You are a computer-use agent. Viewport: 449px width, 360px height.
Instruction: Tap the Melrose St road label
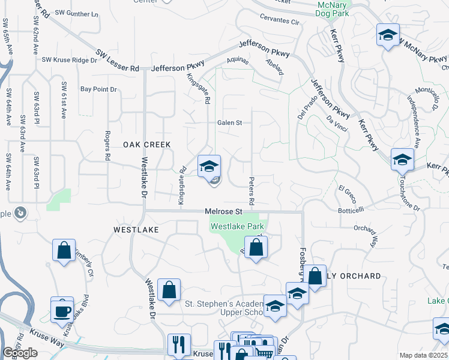[x=223, y=212]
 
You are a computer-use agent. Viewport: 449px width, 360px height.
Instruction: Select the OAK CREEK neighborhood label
[x=147, y=145]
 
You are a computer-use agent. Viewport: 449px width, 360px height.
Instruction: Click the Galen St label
[x=229, y=122]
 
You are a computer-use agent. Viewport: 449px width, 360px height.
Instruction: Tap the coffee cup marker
[x=62, y=310]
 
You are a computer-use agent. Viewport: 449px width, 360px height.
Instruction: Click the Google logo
[x=20, y=353]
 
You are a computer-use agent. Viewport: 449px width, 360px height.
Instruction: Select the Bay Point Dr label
[x=98, y=89]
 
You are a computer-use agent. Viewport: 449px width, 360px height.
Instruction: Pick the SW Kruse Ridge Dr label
[x=70, y=60]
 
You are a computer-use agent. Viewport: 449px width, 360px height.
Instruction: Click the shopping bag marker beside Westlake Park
[x=256, y=247]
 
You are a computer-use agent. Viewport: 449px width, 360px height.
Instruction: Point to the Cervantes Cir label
[x=278, y=21]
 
